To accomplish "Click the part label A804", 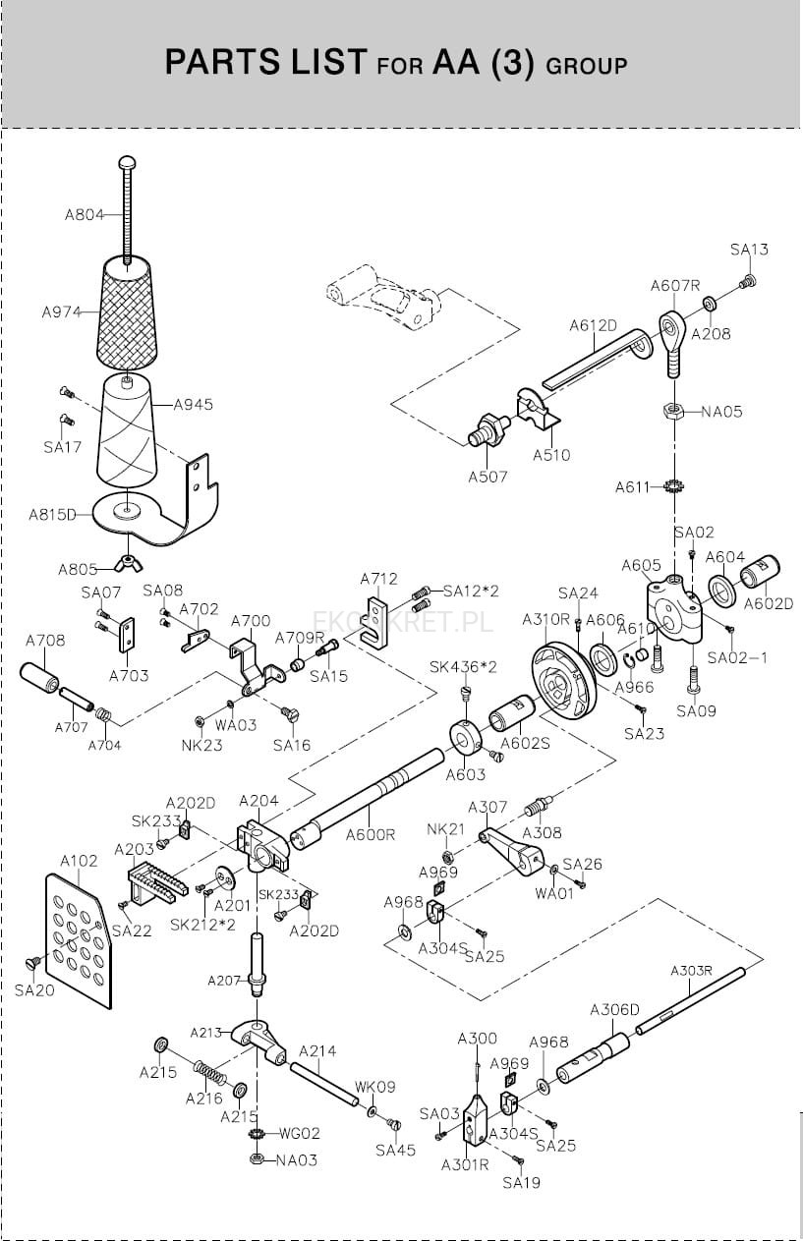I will click(x=85, y=215).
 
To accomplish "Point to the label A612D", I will click(x=593, y=326).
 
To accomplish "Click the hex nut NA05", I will click(x=673, y=411).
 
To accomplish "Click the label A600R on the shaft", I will click(x=370, y=834).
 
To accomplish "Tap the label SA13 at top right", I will click(x=749, y=250).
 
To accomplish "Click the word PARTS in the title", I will click(x=215, y=63).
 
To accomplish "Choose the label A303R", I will click(x=691, y=971).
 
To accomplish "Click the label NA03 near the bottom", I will click(x=297, y=1160).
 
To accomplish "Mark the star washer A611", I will click(x=673, y=485).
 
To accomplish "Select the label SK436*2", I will click(x=463, y=667).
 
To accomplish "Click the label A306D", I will click(x=614, y=1010).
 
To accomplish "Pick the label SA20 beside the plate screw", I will click(x=34, y=990).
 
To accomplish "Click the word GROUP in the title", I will click(x=586, y=67).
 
